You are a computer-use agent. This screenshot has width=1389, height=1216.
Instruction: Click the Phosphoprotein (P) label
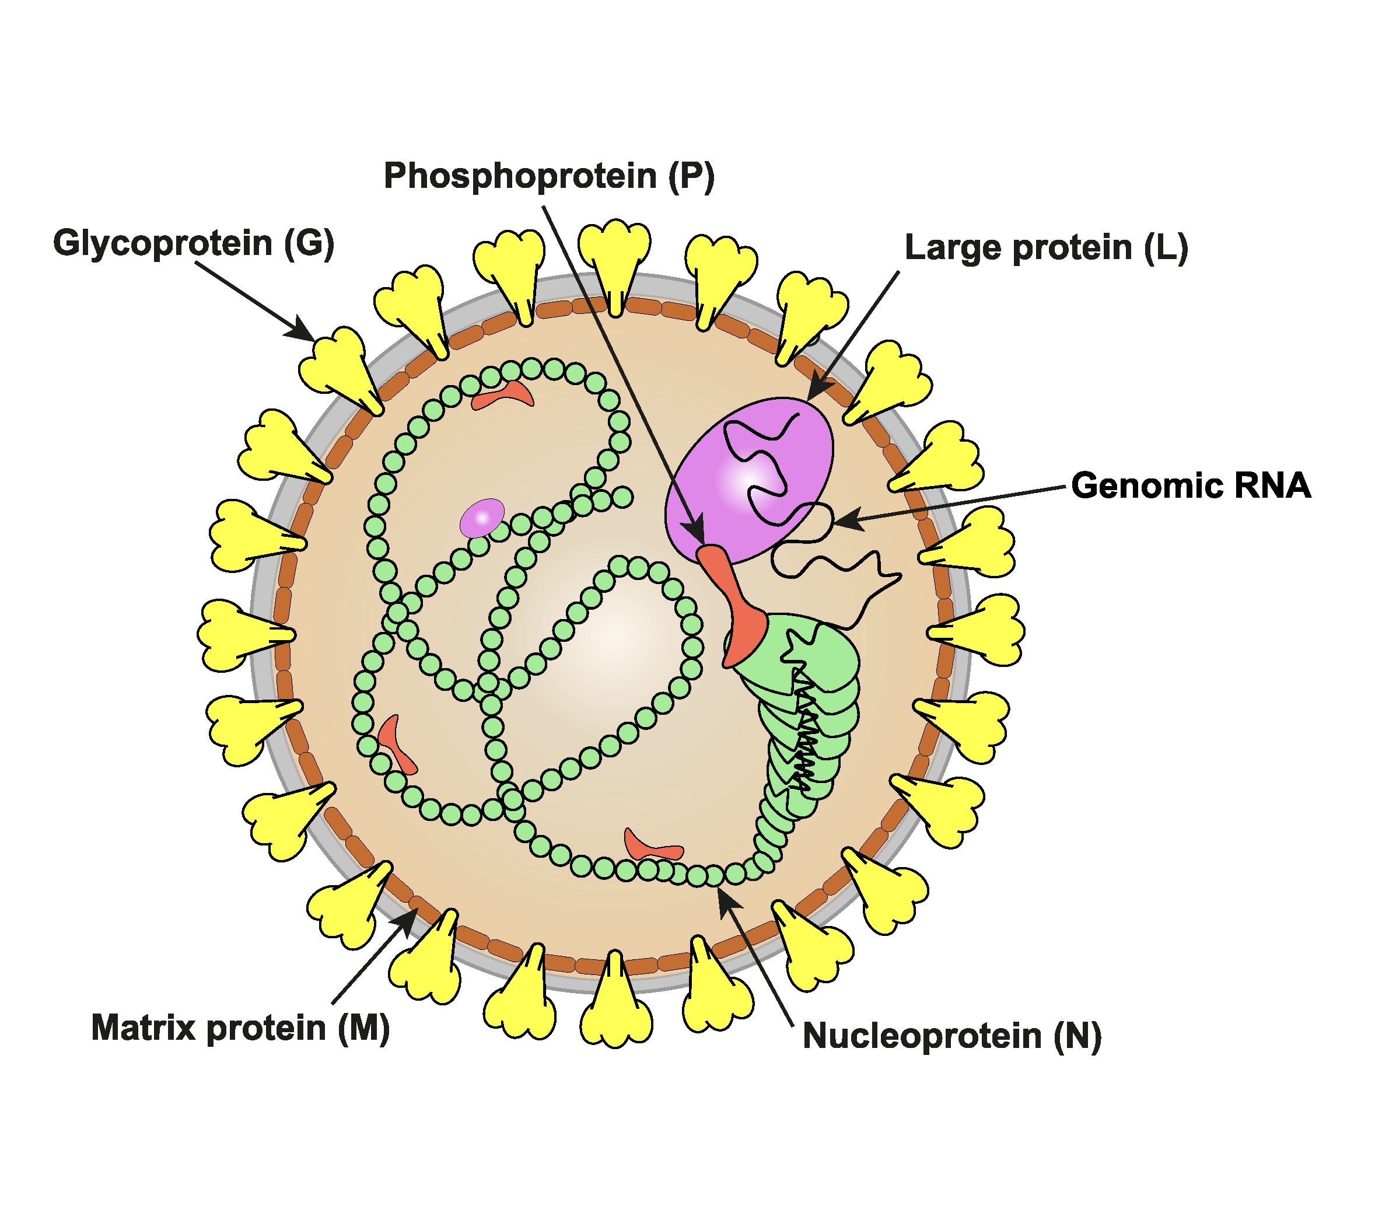click(x=549, y=176)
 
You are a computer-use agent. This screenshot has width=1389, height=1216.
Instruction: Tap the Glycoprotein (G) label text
click(x=194, y=243)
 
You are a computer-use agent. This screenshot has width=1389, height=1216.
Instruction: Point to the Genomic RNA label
click(x=1191, y=485)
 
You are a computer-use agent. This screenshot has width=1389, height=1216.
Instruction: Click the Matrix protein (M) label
click(x=240, y=1028)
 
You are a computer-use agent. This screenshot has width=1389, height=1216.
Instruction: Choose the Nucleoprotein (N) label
click(x=952, y=1036)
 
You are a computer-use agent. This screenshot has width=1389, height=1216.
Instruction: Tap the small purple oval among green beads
click(x=482, y=518)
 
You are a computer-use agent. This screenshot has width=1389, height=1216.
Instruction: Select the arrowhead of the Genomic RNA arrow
click(x=845, y=521)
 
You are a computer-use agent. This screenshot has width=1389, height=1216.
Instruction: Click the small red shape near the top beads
click(x=503, y=394)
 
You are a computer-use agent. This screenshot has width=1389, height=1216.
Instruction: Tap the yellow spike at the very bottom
click(x=615, y=1004)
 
